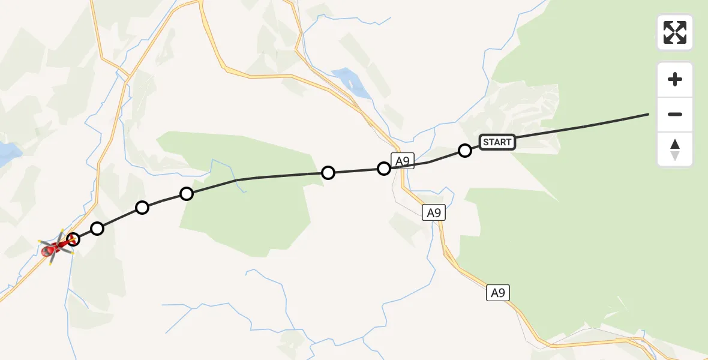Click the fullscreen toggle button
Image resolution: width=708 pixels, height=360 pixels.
point(675,32)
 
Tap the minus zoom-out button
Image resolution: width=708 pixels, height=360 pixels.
point(675,114)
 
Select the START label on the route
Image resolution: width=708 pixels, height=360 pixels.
point(497,142)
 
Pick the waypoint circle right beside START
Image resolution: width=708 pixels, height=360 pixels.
point(465,151)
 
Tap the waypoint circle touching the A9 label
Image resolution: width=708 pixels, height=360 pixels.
point(384,169)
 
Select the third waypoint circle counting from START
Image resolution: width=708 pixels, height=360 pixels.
point(328,173)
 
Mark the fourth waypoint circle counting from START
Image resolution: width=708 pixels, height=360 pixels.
point(187,194)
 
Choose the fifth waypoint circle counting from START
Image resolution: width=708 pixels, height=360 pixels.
point(142,208)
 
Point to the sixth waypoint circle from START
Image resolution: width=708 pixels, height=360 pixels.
point(97,229)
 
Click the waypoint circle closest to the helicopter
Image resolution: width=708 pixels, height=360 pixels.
point(73,239)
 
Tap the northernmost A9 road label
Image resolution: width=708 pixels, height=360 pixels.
point(403,160)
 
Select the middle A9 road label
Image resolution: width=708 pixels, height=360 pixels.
point(434,212)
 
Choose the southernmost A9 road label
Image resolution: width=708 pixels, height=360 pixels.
point(497,293)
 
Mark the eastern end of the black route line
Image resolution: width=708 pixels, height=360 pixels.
point(648,114)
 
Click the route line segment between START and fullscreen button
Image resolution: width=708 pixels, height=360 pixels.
point(582,127)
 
